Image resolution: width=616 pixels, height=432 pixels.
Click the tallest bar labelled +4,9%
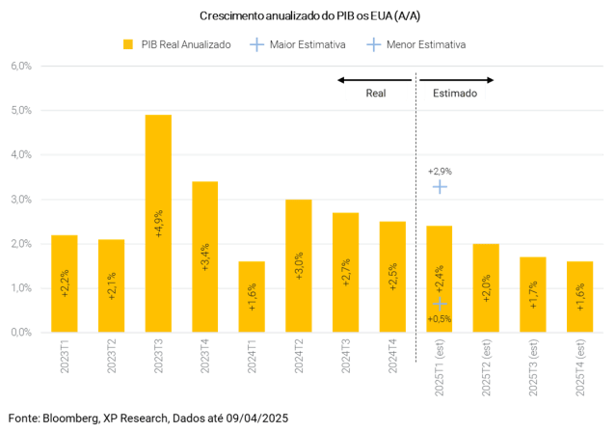[158, 222]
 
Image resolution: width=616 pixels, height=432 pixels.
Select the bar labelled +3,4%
[204, 256]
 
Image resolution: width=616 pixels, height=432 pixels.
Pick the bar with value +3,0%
[298, 265]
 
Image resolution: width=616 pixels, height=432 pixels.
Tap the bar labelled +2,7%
[345, 271]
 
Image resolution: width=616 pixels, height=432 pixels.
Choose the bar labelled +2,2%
[65, 283]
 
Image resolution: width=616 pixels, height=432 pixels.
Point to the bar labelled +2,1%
[111, 284]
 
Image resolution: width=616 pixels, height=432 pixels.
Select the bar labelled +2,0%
[486, 287]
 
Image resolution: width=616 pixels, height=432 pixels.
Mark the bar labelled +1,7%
[532, 293]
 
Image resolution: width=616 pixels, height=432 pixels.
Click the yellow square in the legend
[127, 44]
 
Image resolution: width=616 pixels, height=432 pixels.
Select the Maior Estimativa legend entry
[289, 44]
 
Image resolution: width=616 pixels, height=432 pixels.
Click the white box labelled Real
[376, 93]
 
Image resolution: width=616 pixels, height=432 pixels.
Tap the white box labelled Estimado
[453, 93]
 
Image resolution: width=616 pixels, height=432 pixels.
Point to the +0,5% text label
[440, 318]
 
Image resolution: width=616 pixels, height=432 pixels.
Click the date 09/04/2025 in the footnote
[252, 418]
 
